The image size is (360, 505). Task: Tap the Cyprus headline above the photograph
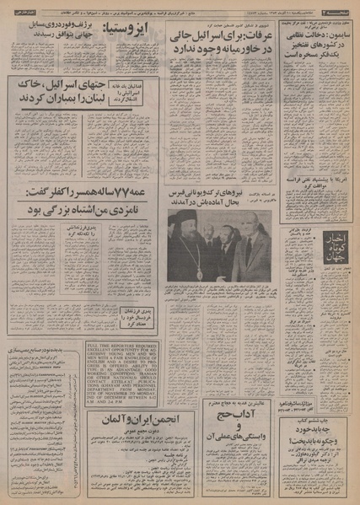pyautogui.click(x=218, y=195)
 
